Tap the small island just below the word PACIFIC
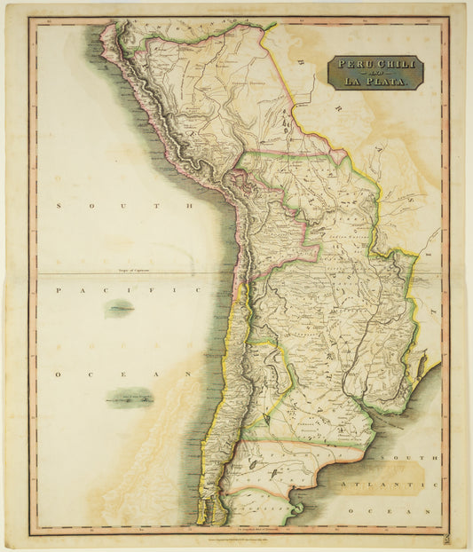point(119,309)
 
